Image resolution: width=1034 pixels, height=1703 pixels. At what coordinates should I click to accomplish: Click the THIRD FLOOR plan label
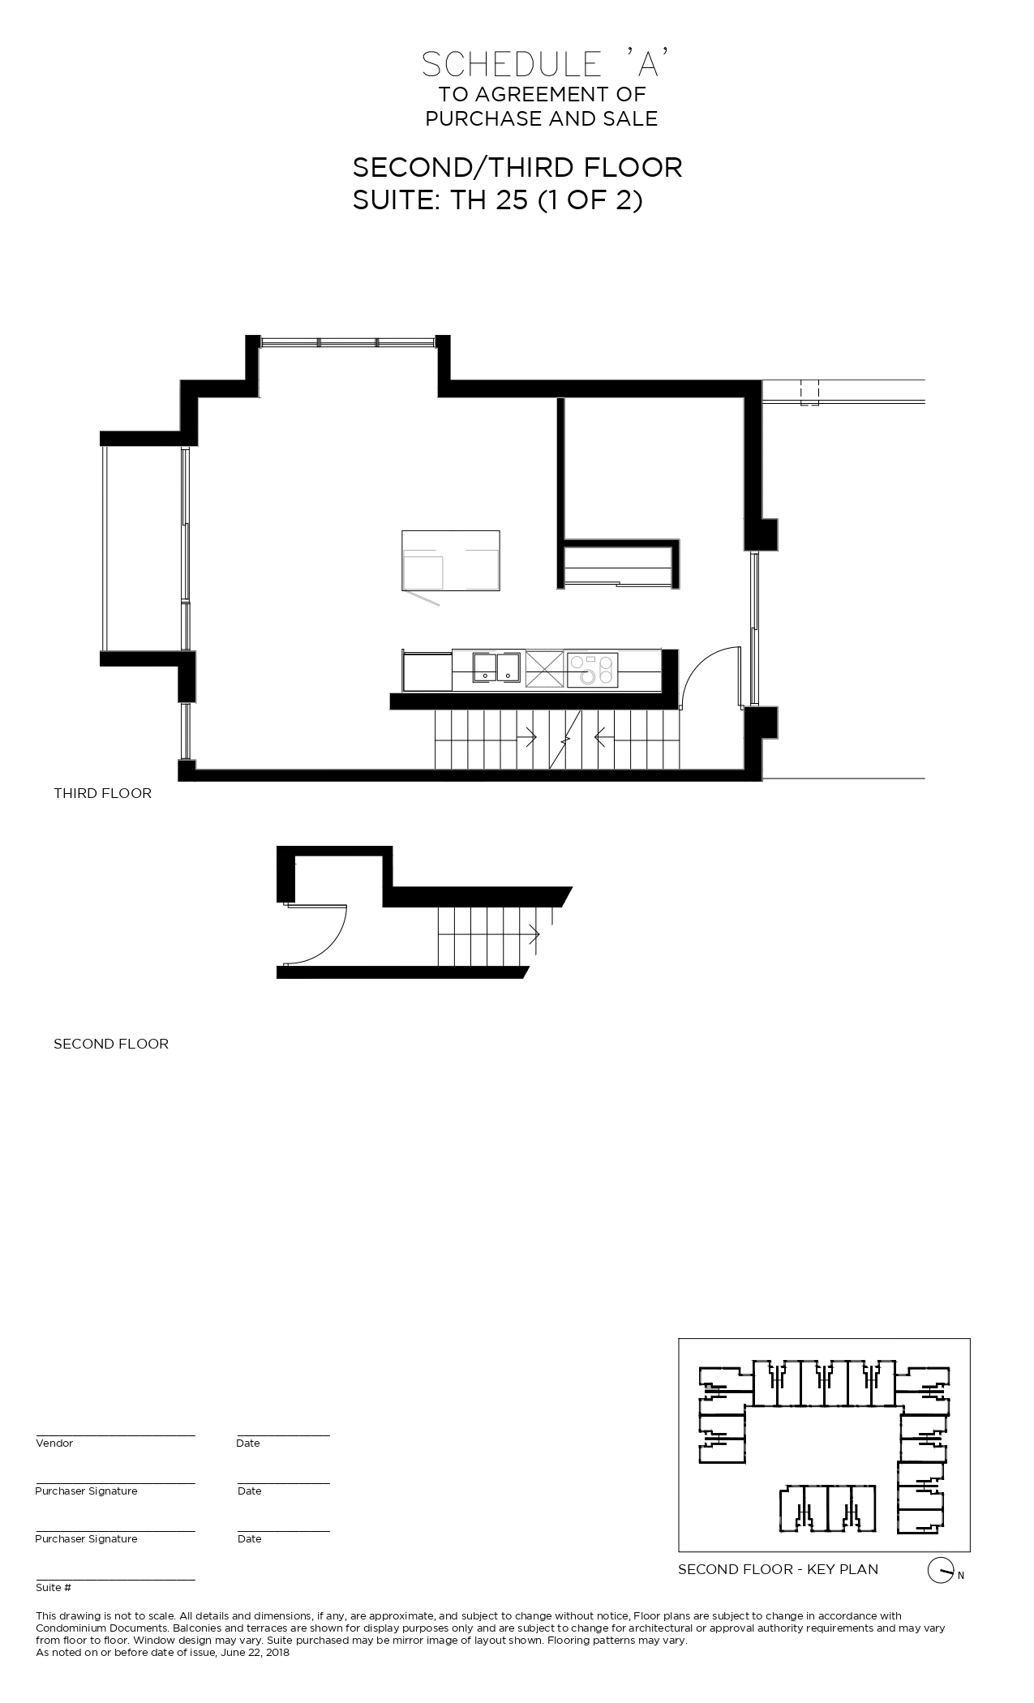(102, 793)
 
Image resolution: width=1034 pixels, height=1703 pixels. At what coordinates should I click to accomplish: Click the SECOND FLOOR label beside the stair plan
(111, 1044)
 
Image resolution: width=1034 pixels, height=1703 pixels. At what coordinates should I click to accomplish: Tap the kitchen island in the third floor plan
(451, 560)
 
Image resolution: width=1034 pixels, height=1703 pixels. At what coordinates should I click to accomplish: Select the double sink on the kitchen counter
(497, 666)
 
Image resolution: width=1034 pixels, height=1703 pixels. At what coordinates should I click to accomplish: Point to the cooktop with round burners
(593, 670)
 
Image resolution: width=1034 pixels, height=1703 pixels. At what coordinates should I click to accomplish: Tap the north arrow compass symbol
(939, 1571)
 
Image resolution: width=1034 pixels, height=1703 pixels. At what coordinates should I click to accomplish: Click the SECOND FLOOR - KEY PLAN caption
(778, 1569)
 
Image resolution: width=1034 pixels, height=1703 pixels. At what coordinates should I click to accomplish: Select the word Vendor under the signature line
(54, 1443)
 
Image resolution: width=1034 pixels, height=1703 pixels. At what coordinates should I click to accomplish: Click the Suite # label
(54, 1587)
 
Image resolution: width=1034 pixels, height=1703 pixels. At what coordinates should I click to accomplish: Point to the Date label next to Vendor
(248, 1443)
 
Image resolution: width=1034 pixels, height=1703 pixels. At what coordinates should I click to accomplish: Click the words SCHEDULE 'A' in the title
(545, 65)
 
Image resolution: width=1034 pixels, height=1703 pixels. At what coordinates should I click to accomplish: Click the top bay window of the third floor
(349, 342)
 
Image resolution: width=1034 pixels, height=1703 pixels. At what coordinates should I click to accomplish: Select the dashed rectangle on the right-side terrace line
(809, 392)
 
